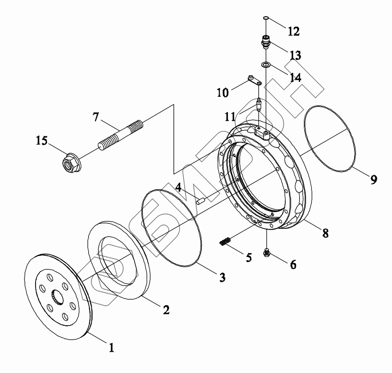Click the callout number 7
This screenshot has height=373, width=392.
[x=96, y=117]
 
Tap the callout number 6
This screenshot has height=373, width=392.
[x=293, y=264]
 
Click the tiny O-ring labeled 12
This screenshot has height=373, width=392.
[x=266, y=18]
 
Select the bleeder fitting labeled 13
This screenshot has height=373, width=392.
[x=265, y=41]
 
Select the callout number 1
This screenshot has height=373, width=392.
[x=111, y=347]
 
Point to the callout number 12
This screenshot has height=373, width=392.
[x=293, y=31]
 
